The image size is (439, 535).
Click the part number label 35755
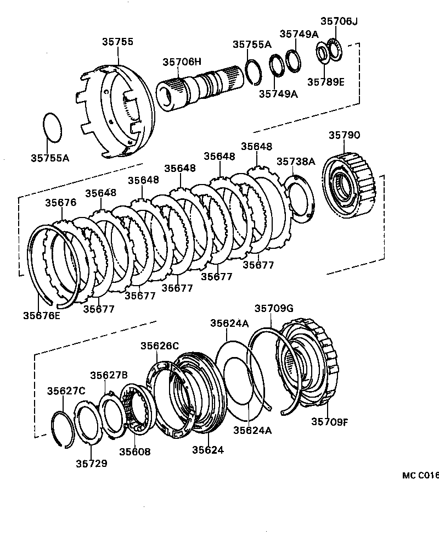tap(117, 42)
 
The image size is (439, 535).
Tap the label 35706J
tap(339, 21)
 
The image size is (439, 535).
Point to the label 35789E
tap(325, 82)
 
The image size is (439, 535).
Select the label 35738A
tap(296, 161)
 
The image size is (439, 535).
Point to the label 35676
tap(60, 202)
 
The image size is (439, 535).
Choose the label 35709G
tap(273, 308)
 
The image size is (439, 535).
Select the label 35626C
tap(159, 345)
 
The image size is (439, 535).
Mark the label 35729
tap(91, 463)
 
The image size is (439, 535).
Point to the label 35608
tap(135, 452)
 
